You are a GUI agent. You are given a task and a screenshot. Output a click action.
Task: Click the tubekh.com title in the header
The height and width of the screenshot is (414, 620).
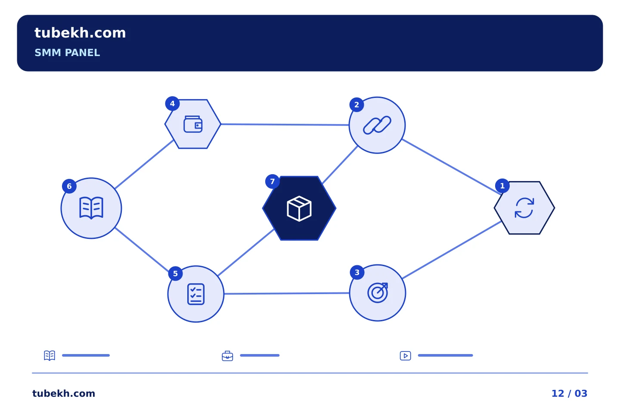click(80, 33)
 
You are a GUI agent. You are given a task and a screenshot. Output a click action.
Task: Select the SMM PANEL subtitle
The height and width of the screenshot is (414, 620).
click(67, 53)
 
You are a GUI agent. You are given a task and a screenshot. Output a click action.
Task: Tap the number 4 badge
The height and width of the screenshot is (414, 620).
click(172, 103)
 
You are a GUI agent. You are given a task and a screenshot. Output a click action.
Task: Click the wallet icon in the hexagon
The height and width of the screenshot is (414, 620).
click(193, 124)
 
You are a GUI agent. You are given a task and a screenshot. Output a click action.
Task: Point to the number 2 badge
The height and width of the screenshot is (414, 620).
click(357, 105)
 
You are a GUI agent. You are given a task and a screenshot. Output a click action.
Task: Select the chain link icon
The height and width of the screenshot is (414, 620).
click(377, 125)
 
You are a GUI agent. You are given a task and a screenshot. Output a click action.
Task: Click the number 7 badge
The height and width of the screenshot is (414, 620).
click(273, 182)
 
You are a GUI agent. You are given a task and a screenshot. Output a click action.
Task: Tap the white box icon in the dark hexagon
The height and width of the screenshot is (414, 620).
click(299, 209)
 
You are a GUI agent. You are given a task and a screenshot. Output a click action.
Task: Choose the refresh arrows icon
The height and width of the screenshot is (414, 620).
click(524, 208)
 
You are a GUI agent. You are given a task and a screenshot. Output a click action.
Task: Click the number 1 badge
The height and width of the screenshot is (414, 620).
click(502, 186)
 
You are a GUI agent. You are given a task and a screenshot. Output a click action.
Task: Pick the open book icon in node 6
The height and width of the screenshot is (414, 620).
click(91, 208)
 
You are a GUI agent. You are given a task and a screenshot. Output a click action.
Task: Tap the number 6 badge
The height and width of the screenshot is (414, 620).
click(69, 186)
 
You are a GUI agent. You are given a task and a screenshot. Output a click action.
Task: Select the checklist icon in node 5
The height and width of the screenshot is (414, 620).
click(196, 294)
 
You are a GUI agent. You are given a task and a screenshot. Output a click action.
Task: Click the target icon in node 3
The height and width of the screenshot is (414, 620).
click(378, 293)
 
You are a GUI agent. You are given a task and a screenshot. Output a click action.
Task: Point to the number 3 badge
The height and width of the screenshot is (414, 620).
click(357, 273)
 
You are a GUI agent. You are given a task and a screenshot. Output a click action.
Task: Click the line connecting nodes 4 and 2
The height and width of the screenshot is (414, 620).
click(285, 125)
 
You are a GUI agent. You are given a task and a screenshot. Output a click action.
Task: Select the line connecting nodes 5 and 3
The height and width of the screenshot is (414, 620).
click(287, 293)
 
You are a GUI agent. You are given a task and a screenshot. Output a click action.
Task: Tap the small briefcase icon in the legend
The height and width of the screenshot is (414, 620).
click(227, 356)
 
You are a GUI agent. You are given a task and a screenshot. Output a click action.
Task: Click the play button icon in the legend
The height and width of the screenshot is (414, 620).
click(406, 356)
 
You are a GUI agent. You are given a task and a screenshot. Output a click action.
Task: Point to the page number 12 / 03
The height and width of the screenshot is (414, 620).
click(569, 393)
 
